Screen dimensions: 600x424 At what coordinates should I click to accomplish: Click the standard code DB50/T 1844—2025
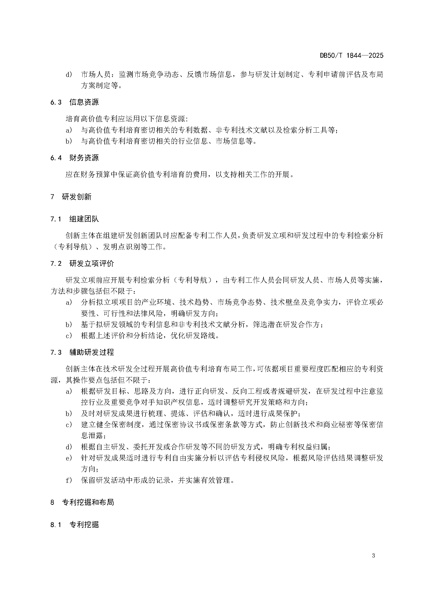(x=351, y=55)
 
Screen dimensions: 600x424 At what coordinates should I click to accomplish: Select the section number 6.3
(x=56, y=102)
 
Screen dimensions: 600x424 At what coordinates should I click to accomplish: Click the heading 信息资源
(x=84, y=102)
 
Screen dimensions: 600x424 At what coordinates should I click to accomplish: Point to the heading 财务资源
(x=84, y=158)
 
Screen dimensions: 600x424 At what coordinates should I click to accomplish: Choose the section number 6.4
(x=56, y=158)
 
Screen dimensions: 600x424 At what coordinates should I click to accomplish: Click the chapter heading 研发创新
(x=77, y=197)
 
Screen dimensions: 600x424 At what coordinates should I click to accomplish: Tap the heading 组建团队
(x=84, y=219)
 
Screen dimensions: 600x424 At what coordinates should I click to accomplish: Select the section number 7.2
(x=56, y=264)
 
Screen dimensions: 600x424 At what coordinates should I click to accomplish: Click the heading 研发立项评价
(x=92, y=264)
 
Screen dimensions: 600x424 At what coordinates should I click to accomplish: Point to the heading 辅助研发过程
(x=92, y=352)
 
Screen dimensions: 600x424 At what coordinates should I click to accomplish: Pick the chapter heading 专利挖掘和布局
(x=88, y=502)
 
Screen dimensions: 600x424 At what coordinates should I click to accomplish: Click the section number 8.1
(x=56, y=525)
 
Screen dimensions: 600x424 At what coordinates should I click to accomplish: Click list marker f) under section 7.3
(x=69, y=480)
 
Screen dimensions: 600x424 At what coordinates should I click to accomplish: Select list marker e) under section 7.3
(x=69, y=458)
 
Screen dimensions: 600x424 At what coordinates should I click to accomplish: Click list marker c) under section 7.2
(x=69, y=336)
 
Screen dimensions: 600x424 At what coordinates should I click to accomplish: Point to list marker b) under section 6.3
(x=69, y=141)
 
